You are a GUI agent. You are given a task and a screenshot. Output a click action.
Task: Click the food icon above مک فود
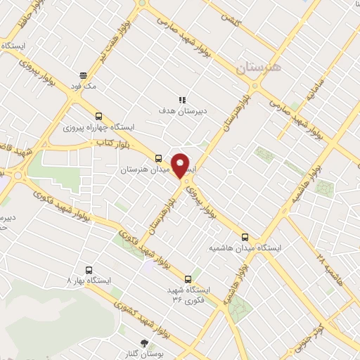pyautogui.click(x=83, y=75)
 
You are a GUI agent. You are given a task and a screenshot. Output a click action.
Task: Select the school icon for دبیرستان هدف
pyautogui.click(x=181, y=100)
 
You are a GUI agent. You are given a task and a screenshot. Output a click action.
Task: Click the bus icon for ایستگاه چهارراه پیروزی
pyautogui.click(x=97, y=117)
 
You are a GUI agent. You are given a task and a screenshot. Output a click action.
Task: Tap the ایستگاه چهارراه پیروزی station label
pyautogui.click(x=98, y=128)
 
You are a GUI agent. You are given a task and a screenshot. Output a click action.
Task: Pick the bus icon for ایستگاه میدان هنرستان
pyautogui.click(x=158, y=158)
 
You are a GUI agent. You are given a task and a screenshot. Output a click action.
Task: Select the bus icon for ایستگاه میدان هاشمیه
pyautogui.click(x=245, y=237)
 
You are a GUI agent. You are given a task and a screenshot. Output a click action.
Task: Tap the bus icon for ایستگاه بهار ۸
pyautogui.click(x=89, y=269)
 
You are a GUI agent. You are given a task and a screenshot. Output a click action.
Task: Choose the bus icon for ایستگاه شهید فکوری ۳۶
pyautogui.click(x=188, y=278)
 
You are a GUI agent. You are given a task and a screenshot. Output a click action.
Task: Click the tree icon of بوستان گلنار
pyautogui.click(x=144, y=343)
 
